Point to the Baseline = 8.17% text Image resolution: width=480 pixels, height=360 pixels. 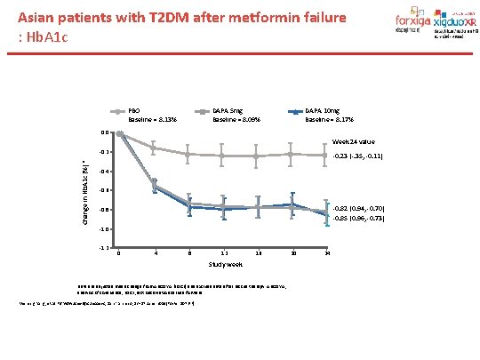(x=329, y=119)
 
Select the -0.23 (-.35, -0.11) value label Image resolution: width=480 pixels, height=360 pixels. (x=357, y=156)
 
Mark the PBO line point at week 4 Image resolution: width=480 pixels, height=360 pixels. (x=154, y=148)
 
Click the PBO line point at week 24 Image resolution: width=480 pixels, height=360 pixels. (x=327, y=156)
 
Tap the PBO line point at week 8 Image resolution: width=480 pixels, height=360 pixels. (x=188, y=155)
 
